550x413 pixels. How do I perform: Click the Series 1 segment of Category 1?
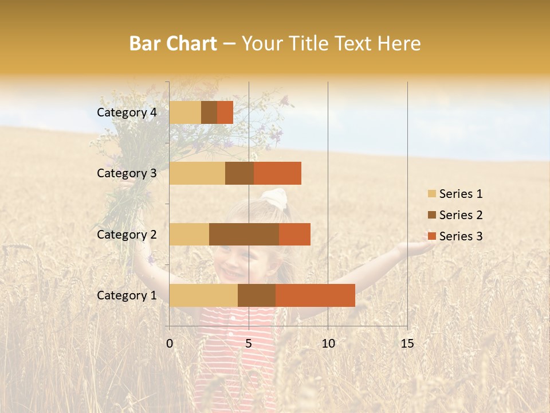pos(203,295)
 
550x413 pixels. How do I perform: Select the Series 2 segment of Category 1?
pos(257,295)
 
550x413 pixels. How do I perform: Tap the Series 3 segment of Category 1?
pos(315,295)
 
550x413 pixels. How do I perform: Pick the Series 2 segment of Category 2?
pos(244,234)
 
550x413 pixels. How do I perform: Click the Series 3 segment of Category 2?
pos(294,234)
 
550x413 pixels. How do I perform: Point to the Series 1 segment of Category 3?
pos(197,173)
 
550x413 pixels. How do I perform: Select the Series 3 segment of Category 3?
pos(277,173)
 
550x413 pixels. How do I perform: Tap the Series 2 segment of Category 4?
pos(209,112)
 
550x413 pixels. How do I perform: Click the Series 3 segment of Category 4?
pos(225,112)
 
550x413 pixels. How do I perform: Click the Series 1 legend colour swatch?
pos(432,194)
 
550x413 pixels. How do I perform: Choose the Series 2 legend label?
pos(461,215)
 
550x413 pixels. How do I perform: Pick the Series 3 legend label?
pos(461,236)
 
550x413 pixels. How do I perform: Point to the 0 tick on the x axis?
pos(170,344)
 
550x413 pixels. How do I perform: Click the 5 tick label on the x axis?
pos(249,344)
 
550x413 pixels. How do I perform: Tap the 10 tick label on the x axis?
pos(328,344)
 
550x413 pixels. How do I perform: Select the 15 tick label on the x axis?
pos(407,344)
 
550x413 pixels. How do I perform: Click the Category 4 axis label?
pos(127,112)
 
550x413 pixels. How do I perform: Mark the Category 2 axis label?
pos(127,234)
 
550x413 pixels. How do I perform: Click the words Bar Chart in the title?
pos(173,44)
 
